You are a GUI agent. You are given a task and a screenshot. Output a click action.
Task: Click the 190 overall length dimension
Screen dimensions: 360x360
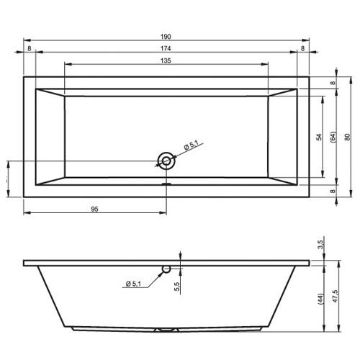[x=166, y=37]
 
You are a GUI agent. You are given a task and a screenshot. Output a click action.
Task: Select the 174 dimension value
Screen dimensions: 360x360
[x=166, y=48]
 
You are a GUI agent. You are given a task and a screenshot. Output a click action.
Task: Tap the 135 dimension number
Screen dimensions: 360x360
[x=166, y=60]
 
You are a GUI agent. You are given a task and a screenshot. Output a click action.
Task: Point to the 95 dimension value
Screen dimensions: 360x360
[x=94, y=210]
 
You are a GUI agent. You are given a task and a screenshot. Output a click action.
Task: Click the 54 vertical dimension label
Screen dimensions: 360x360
[x=319, y=137]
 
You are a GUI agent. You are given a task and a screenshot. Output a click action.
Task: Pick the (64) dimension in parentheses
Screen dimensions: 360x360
[x=333, y=137]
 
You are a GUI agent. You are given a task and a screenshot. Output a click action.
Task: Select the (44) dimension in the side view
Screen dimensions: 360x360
[x=320, y=299]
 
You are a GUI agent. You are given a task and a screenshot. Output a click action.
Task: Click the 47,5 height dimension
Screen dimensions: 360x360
[x=336, y=296]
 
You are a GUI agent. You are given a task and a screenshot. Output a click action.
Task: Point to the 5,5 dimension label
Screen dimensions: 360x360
[x=177, y=287]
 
